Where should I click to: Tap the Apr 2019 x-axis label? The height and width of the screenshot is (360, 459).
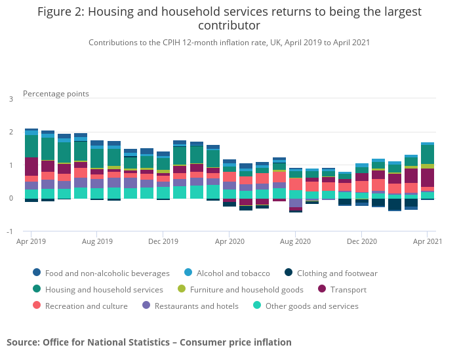[x=31, y=241]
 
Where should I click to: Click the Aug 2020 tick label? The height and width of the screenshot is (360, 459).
[x=295, y=241]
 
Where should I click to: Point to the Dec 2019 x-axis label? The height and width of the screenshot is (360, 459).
[x=163, y=241]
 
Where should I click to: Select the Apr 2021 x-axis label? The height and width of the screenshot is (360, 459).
[x=428, y=241]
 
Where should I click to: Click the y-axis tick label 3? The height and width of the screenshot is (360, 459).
[x=11, y=99]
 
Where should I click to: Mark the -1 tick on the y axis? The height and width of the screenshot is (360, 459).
[x=10, y=231]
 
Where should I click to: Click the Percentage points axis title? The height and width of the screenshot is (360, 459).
[x=56, y=94]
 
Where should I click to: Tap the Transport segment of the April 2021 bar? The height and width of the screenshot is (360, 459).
[x=428, y=178]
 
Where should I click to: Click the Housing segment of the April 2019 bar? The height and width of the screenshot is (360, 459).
[x=31, y=146]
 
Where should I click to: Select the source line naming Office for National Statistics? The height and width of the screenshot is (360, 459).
[x=149, y=342]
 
